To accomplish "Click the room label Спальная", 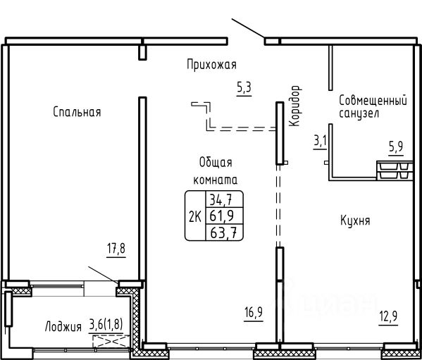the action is pyautogui.click(x=77, y=111).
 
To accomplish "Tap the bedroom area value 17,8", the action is pyautogui.click(x=116, y=249).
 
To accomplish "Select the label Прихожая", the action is pyautogui.click(x=211, y=65).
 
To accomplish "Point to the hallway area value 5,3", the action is pyautogui.click(x=244, y=88).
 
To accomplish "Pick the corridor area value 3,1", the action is pyautogui.click(x=320, y=141).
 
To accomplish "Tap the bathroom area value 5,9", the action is pyautogui.click(x=396, y=147).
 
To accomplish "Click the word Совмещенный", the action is pyautogui.click(x=373, y=100).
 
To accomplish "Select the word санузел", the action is pyautogui.click(x=359, y=113).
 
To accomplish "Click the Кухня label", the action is pyautogui.click(x=355, y=221).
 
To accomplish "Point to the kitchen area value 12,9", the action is pyautogui.click(x=388, y=316).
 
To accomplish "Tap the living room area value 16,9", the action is pyautogui.click(x=254, y=313).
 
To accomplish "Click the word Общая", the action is pyautogui.click(x=216, y=163).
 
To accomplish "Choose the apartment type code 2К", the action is pyautogui.click(x=195, y=217).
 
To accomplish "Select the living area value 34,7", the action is pyautogui.click(x=221, y=200).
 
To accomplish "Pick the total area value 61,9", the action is pyautogui.click(x=221, y=216).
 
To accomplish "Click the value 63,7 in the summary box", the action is pyautogui.click(x=223, y=232).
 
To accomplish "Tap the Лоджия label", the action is pyautogui.click(x=63, y=327).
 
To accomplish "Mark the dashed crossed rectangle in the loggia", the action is pyautogui.click(x=111, y=341).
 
